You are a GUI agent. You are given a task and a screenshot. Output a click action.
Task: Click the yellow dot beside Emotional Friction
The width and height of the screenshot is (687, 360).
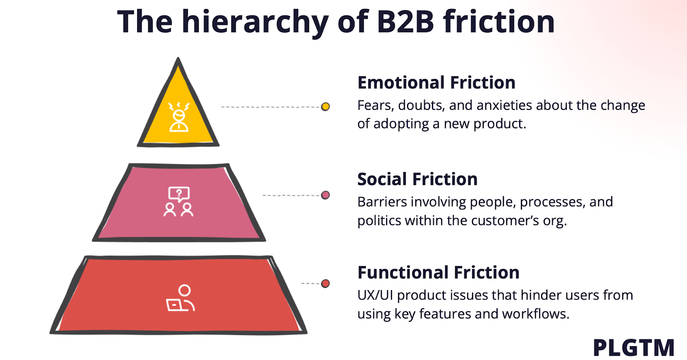click(x=325, y=106)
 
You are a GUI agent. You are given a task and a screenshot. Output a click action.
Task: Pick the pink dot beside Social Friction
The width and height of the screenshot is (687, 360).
click(x=325, y=195)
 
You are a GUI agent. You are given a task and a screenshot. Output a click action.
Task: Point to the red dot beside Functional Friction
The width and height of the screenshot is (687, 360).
click(x=325, y=284)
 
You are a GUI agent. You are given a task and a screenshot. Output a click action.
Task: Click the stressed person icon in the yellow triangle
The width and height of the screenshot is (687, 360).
click(x=179, y=117)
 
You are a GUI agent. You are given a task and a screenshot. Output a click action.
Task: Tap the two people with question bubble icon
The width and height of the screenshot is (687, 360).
click(x=179, y=201)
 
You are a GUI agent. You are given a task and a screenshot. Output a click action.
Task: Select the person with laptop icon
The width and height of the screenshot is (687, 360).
click(x=181, y=298)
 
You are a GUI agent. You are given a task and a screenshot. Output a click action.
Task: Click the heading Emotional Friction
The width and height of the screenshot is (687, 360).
click(x=436, y=82)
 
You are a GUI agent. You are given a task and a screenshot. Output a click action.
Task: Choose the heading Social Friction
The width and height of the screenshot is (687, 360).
click(x=417, y=179)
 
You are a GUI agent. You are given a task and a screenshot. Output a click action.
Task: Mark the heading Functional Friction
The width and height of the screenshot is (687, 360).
click(x=438, y=272)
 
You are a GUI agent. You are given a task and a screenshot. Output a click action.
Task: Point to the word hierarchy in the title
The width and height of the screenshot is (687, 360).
click(x=255, y=22)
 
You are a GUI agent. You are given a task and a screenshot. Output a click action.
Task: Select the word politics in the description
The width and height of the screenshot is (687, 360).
click(x=379, y=221)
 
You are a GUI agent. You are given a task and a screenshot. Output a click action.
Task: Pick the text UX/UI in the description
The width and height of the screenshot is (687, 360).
click(x=375, y=295)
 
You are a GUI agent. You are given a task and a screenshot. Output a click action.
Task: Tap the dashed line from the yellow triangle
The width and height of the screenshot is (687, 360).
click(x=271, y=107)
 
